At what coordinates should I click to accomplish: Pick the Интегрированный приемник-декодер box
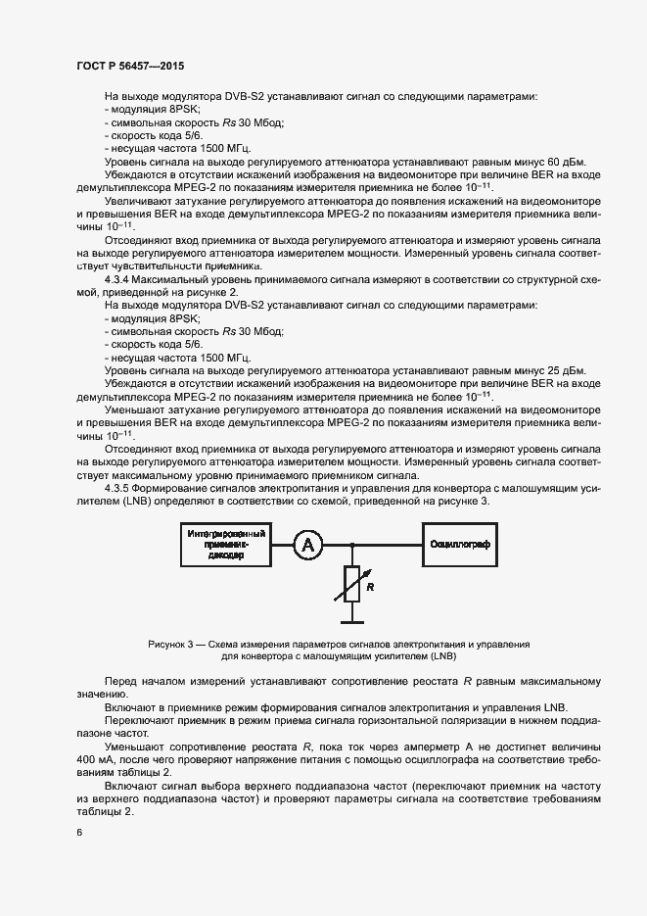[x=227, y=545]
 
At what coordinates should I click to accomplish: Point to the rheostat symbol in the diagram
[x=350, y=586]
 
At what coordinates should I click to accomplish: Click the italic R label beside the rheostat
[x=371, y=588]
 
